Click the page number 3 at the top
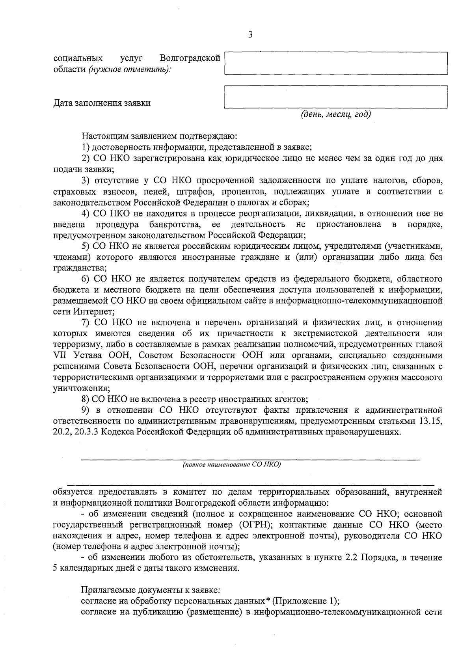click(250, 35)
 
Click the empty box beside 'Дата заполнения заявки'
click(335, 97)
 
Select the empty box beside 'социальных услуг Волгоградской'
click(335, 63)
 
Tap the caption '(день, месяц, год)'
click(336, 114)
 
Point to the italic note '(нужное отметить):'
click(130, 69)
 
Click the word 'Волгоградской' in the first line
click(190, 58)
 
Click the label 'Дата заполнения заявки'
click(102, 103)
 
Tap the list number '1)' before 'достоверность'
click(86, 147)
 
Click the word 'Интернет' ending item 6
click(93, 311)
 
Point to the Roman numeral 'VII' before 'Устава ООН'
click(60, 355)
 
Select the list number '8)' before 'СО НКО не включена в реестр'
click(86, 399)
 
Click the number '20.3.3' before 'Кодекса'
click(86, 432)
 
